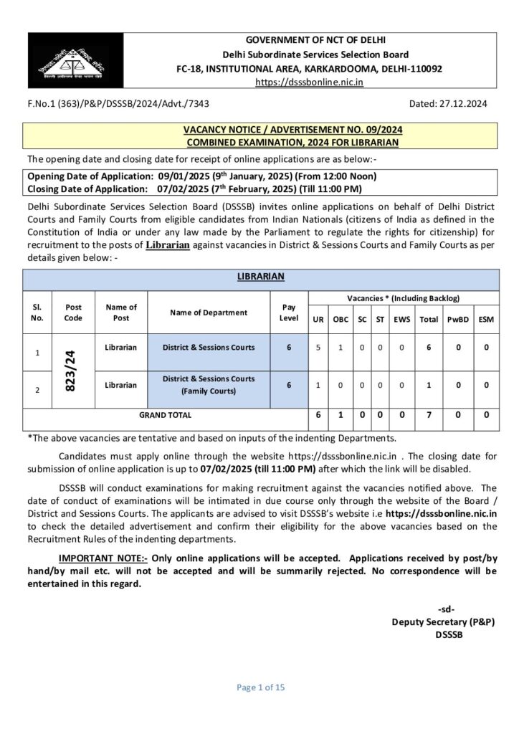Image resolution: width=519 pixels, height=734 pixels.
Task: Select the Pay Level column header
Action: tap(289, 312)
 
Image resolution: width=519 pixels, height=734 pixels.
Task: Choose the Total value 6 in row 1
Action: tap(429, 348)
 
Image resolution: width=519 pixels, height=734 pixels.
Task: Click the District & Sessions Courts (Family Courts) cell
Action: tap(208, 385)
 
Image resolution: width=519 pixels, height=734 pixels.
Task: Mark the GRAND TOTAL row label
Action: tap(166, 414)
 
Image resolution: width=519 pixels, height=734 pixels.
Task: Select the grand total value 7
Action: tap(429, 414)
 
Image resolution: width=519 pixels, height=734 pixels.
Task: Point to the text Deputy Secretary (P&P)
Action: tap(443, 621)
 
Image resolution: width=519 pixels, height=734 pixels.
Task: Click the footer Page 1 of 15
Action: tap(261, 687)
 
